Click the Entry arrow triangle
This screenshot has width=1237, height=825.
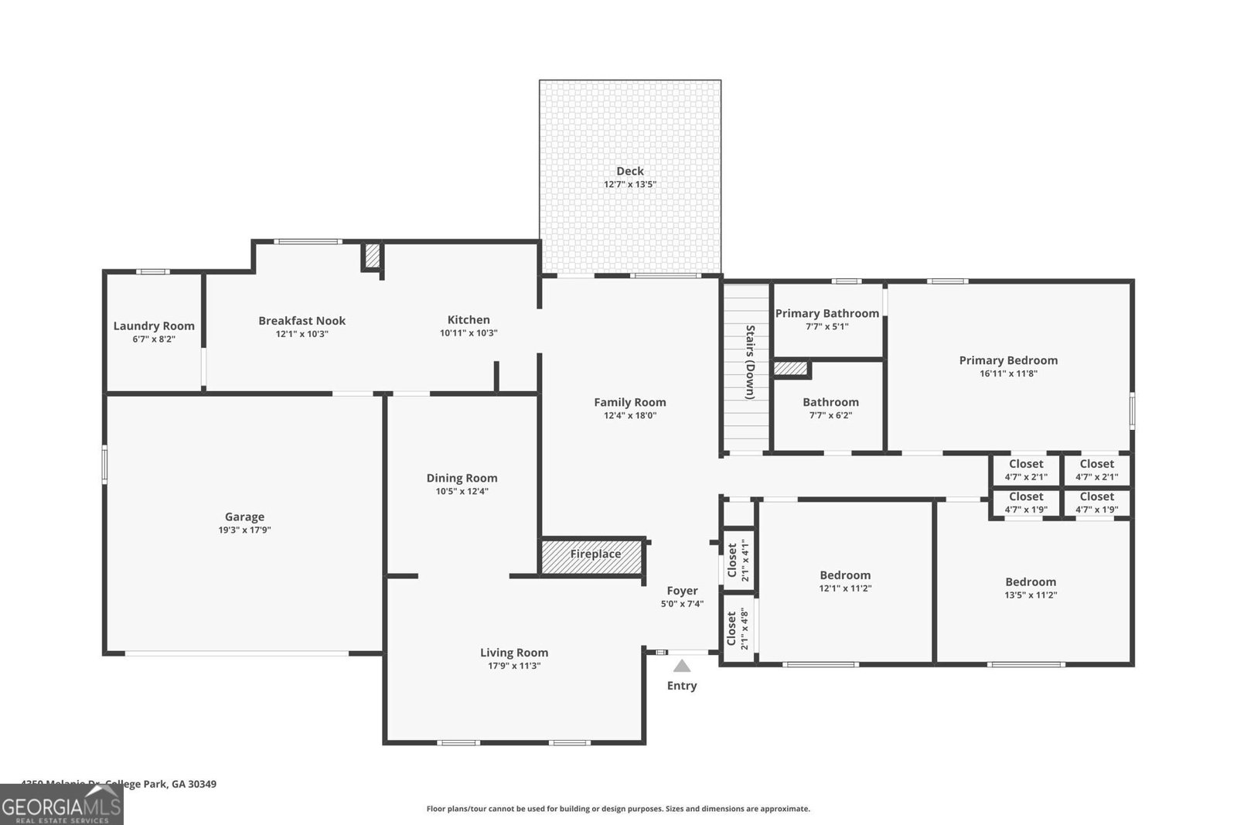[x=681, y=666]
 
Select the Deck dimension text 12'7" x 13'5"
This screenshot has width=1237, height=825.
[x=629, y=185]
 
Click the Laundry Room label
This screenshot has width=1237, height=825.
[x=154, y=326]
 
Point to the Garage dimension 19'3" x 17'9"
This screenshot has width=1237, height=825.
[x=244, y=530]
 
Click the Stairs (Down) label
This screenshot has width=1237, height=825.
[x=749, y=362]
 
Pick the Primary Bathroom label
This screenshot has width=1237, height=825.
[x=826, y=313]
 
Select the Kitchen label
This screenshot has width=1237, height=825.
[x=469, y=319]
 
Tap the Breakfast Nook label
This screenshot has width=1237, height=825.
[x=302, y=320]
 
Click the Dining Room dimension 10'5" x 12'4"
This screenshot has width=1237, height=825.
[x=462, y=491]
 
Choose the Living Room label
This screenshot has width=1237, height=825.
[x=513, y=653]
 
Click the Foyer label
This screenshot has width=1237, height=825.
[x=682, y=591]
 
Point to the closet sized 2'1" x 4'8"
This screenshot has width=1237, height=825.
[x=738, y=629]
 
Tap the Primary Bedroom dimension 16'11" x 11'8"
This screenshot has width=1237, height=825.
[x=1008, y=373]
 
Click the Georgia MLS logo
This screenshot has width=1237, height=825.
[x=61, y=805]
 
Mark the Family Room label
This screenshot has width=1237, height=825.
[x=629, y=402]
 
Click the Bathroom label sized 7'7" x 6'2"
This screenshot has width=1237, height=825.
[x=830, y=402]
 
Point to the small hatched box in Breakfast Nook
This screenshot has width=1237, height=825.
[x=372, y=256]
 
